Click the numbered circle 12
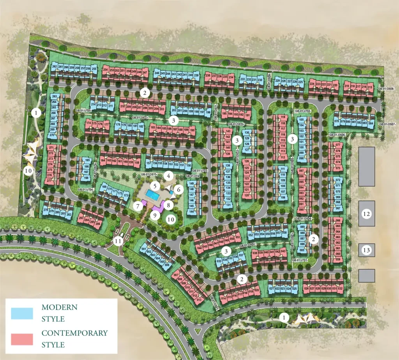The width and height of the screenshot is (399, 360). click(366, 214)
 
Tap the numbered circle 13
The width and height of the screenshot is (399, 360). click(366, 250)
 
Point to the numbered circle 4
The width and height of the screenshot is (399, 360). click(168, 176)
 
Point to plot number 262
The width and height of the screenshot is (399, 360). click(54, 67)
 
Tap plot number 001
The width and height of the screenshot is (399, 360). click(143, 249)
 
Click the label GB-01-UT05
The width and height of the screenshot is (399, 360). click(83, 111)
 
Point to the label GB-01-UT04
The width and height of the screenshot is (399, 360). click(86, 190)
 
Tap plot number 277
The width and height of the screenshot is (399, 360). click(49, 181)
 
